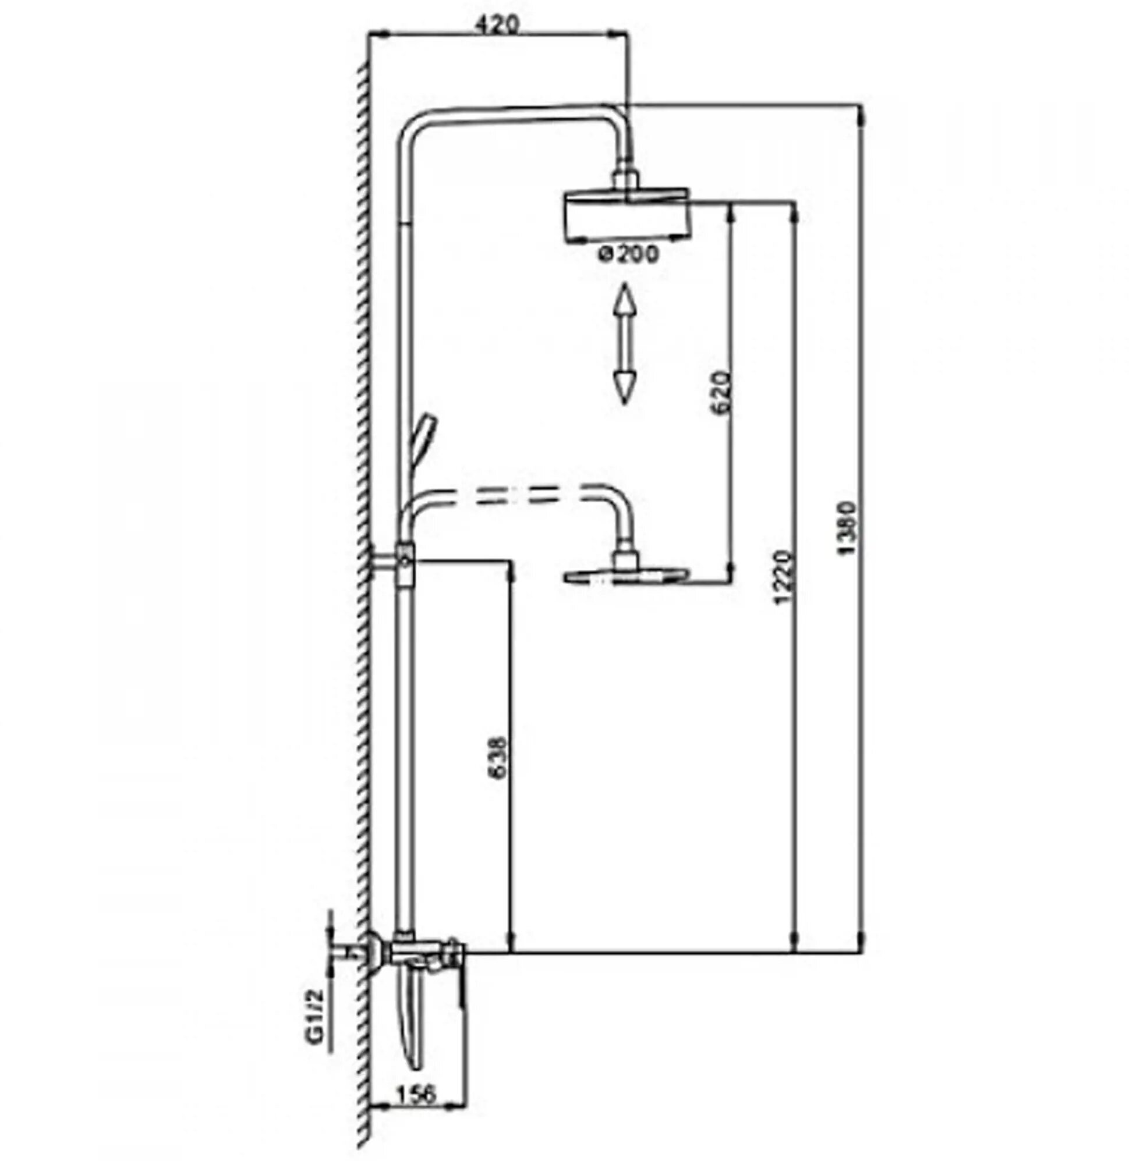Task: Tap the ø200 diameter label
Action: pos(628,254)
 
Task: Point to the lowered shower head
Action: pos(626,576)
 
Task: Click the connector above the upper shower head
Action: pos(627,179)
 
